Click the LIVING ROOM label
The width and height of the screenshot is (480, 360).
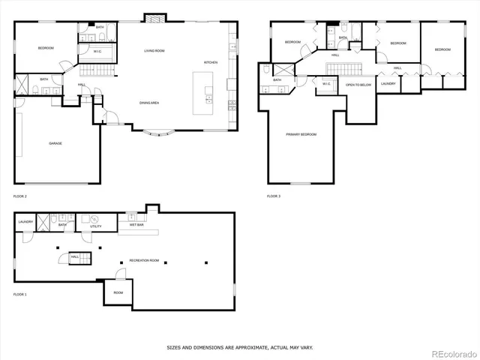point(154,51)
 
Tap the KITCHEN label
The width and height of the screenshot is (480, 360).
point(211,62)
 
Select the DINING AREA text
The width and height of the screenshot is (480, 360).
point(148,102)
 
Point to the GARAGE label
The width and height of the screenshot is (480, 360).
point(55,142)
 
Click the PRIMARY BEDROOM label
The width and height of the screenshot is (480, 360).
point(301,134)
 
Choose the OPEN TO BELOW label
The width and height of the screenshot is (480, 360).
point(358,85)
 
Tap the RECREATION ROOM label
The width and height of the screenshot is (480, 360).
point(144,259)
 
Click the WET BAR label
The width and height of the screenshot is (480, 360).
point(136,224)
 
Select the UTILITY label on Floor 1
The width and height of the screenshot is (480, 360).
point(96,226)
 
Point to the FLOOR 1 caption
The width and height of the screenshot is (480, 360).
point(20,295)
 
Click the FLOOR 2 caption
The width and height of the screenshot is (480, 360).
point(20,196)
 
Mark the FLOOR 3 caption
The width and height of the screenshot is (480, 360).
point(274,196)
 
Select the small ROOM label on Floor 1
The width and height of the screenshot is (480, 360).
point(118,292)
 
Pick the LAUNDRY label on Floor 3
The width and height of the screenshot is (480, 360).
point(388,83)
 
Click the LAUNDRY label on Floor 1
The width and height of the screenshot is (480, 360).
point(25,222)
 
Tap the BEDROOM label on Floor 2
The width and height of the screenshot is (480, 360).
point(46,48)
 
